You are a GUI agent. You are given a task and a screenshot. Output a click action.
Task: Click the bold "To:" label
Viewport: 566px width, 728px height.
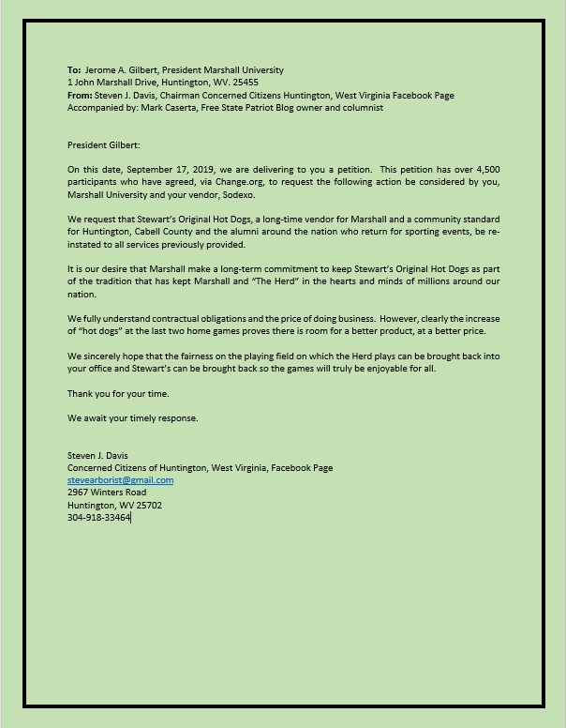pos(75,70)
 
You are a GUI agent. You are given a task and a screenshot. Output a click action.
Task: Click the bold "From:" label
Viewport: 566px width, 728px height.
pos(81,95)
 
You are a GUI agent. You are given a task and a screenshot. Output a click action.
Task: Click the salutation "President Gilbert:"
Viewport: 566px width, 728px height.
pos(103,146)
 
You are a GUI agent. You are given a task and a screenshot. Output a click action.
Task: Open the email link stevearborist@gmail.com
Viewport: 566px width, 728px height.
pos(120,480)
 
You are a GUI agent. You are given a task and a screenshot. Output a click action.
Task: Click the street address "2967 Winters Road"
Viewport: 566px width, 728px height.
pos(107,493)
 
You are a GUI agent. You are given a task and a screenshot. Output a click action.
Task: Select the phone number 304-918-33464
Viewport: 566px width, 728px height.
pos(99,517)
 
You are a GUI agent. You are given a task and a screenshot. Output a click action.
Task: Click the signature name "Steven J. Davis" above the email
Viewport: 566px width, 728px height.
pos(97,456)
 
